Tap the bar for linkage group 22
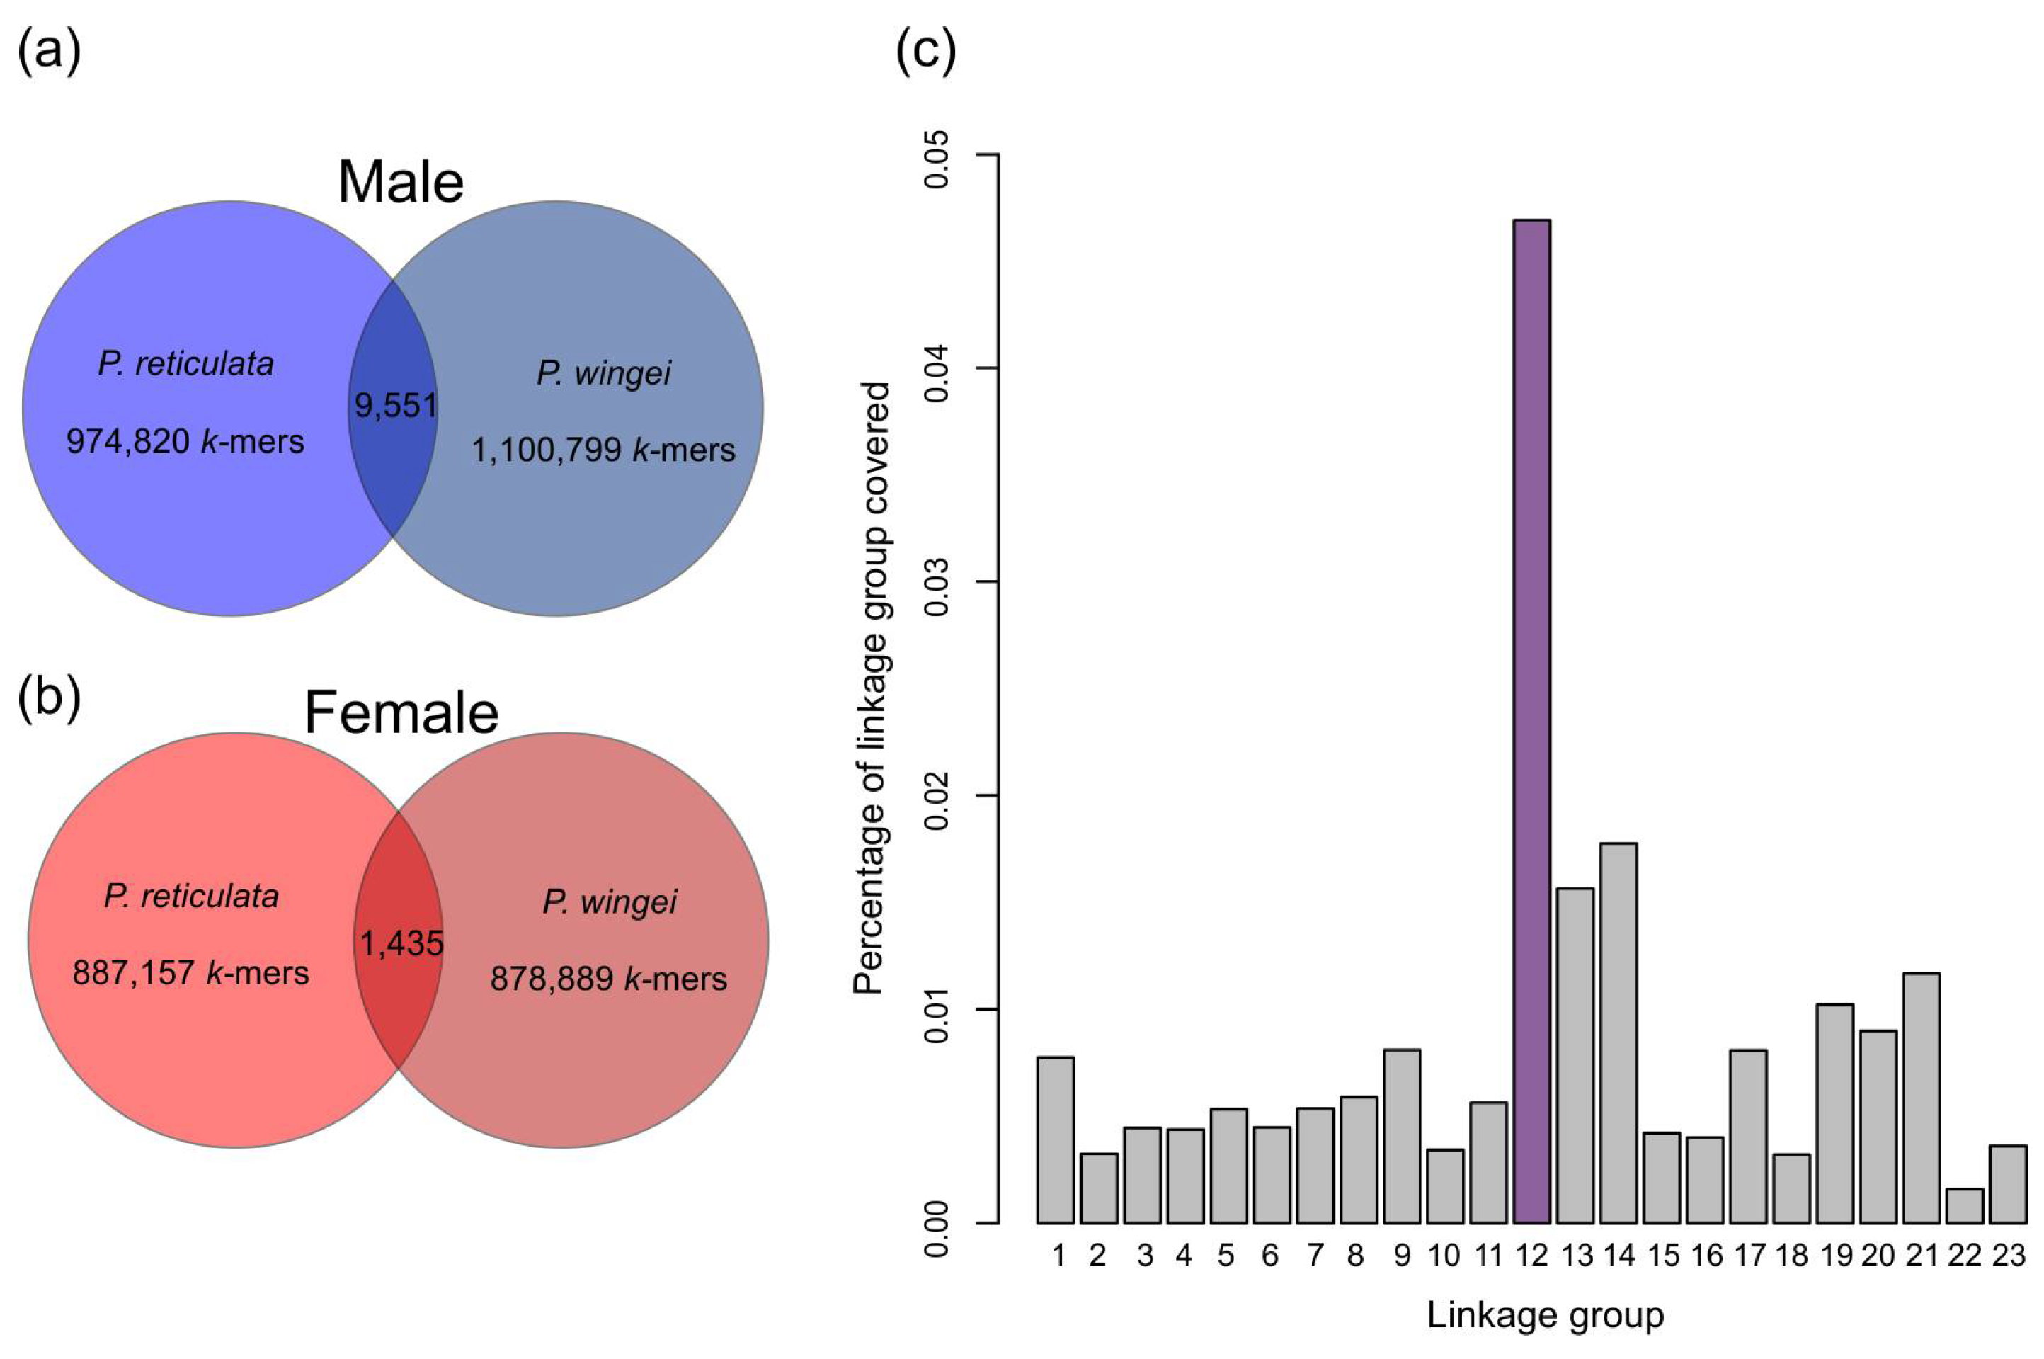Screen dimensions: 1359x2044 pos(1964,1205)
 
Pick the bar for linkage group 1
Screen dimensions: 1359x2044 pos(1056,1139)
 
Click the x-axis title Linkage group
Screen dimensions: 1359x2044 pos(1545,1316)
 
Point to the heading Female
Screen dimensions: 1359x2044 pos(401,713)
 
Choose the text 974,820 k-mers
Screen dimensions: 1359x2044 pos(185,442)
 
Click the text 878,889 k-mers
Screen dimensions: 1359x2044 pos(608,979)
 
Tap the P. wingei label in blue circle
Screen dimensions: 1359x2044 pos(603,373)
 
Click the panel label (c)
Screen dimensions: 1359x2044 pos(925,52)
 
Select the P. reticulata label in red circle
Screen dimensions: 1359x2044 pos(191,896)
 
